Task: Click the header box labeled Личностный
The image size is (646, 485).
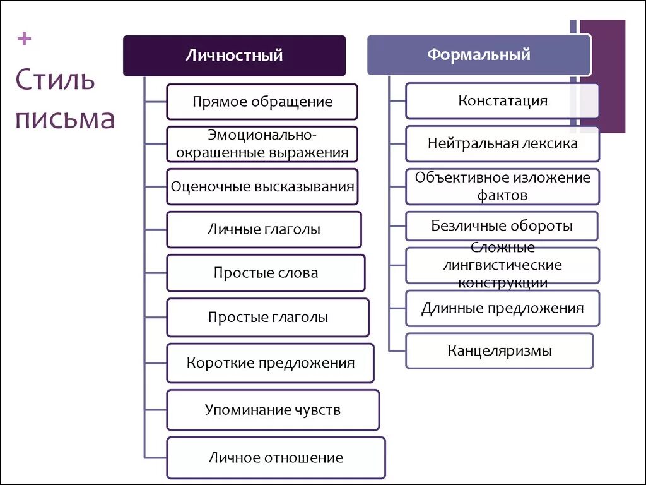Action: [234, 56]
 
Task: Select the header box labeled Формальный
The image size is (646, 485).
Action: [479, 55]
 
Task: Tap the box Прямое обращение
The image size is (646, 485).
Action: [262, 102]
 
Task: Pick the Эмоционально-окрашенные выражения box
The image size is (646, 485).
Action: [262, 144]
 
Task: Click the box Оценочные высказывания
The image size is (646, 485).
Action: [262, 186]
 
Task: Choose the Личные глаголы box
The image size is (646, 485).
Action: [264, 229]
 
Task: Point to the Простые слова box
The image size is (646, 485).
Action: [266, 273]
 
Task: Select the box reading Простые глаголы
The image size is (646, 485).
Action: [267, 317]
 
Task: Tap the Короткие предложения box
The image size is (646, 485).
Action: [270, 363]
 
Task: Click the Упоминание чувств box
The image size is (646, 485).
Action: [273, 410]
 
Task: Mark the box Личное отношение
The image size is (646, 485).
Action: [276, 458]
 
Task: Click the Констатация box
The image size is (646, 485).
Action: [502, 101]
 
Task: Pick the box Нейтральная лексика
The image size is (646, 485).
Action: [502, 143]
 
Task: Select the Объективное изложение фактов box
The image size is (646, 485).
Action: [502, 186]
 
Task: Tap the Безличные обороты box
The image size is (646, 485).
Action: [502, 226]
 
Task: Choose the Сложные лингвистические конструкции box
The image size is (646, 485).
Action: [502, 265]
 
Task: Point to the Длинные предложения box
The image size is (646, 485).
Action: [502, 308]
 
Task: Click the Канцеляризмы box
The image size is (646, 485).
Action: [499, 350]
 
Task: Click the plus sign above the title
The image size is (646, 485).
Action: [25, 40]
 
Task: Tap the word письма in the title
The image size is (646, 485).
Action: [65, 118]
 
